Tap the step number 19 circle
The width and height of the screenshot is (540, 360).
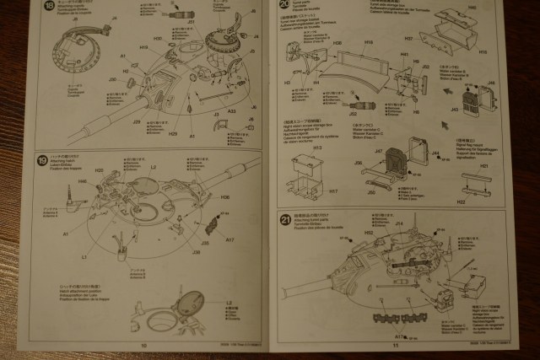click(41, 160)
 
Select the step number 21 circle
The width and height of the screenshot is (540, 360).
click(285, 221)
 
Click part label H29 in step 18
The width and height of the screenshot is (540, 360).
click(173, 133)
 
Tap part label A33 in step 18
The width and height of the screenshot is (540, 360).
click(231, 110)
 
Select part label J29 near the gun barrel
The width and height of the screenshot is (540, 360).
click(137, 121)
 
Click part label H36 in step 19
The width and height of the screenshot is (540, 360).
click(225, 197)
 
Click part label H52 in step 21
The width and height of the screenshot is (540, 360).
click(368, 232)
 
